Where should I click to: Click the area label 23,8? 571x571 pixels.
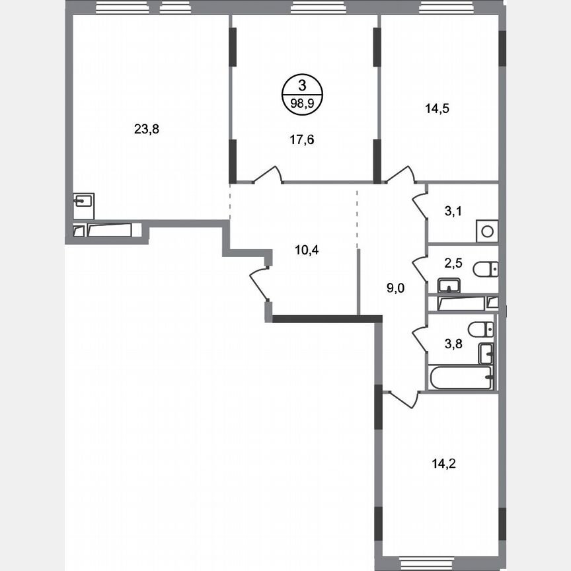click(147, 129)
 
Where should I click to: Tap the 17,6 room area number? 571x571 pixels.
click(301, 139)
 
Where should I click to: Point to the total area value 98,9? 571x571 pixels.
click(303, 103)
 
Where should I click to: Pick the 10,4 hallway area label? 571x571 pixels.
click(306, 250)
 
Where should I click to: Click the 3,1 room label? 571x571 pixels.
click(453, 211)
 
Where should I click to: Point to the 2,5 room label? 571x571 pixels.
click(453, 263)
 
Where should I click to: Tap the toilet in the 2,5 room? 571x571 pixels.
click(486, 269)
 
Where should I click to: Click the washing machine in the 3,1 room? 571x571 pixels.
click(487, 231)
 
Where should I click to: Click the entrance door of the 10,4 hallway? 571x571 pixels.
click(260, 280)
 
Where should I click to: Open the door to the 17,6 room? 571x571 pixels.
click(268, 174)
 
